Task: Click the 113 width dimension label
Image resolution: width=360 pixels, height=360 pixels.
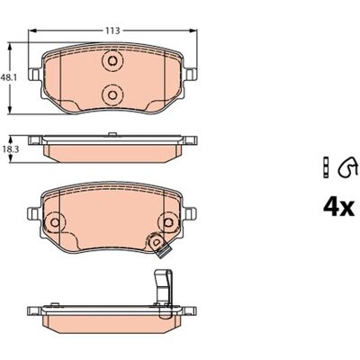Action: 112,31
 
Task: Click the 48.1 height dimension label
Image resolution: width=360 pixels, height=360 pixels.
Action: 8,77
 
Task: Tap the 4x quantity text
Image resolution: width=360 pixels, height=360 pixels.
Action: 339,208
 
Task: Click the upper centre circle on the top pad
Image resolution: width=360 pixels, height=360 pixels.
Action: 112,61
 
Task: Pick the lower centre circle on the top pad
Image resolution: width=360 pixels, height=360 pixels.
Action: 112,95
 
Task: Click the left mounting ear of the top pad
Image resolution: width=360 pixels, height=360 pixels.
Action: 33,74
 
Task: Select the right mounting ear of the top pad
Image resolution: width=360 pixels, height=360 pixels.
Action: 191,74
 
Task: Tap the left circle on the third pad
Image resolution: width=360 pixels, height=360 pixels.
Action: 55,222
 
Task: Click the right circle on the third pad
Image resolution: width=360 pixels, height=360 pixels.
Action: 169,222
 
